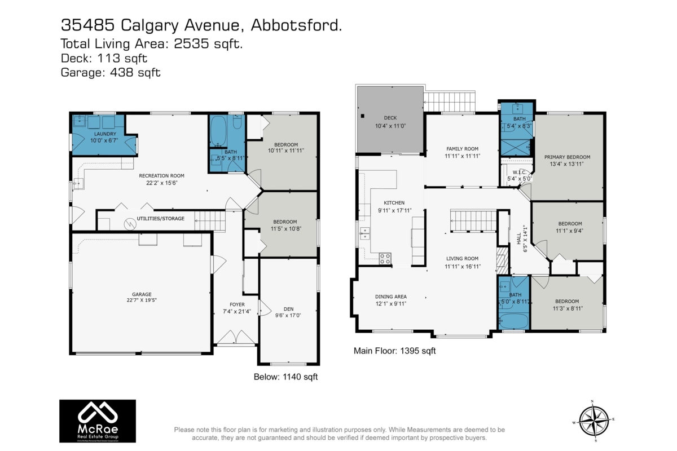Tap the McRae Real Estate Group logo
click(x=98, y=422)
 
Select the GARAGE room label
click(x=142, y=294)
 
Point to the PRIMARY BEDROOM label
click(x=567, y=157)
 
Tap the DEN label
click(x=288, y=308)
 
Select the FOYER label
click(x=233, y=304)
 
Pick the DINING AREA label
click(x=391, y=297)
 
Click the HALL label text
click(x=518, y=238)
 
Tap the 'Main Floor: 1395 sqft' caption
click(x=394, y=351)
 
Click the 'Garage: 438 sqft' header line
click(x=111, y=72)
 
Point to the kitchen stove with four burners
click(x=385, y=259)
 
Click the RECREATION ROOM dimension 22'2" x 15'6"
click(x=161, y=183)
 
